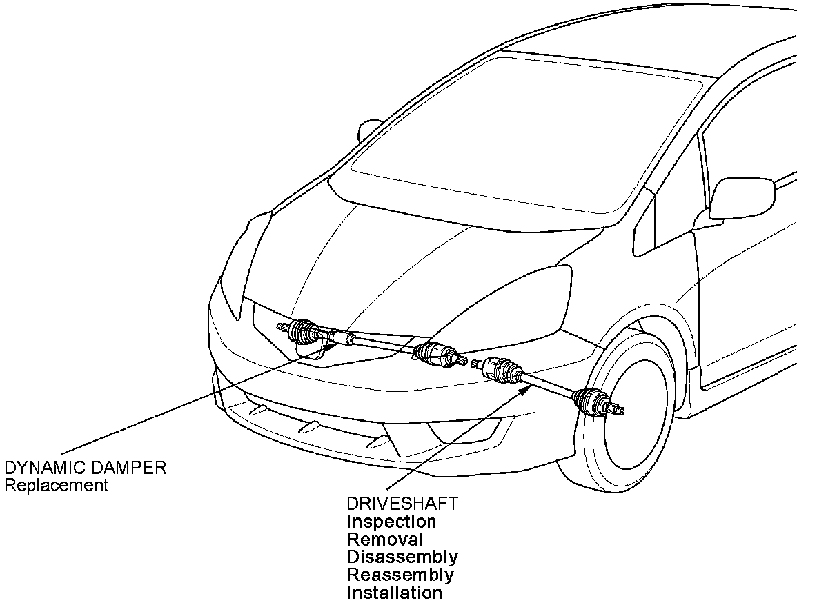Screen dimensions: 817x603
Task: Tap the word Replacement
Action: (57, 485)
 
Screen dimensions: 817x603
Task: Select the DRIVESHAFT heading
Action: (402, 504)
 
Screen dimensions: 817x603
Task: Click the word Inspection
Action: (391, 522)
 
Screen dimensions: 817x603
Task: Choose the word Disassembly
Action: (402, 557)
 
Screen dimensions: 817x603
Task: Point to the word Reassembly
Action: (400, 575)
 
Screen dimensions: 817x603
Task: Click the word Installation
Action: (395, 593)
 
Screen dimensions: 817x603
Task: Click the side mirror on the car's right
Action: (742, 199)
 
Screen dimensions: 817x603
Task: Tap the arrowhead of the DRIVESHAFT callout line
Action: (528, 387)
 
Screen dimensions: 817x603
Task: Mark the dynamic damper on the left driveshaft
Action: (340, 338)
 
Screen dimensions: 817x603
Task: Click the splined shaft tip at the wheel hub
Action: (619, 411)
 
